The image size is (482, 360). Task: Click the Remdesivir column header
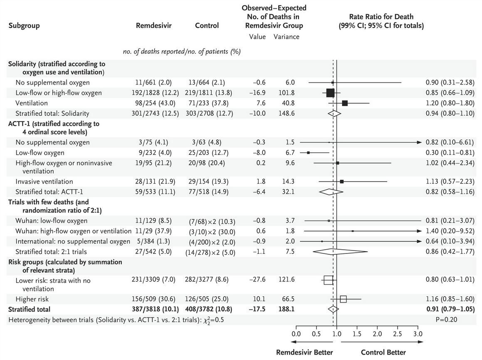[x=154, y=25]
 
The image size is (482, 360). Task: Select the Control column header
[x=207, y=25]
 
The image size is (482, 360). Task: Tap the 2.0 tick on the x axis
[x=377, y=334]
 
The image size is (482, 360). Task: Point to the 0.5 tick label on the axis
[x=316, y=334]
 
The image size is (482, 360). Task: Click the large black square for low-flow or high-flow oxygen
[x=330, y=93]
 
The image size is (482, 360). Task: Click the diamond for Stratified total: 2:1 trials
[x=340, y=252]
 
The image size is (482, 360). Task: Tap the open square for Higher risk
[x=343, y=299]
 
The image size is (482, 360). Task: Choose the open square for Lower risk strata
[x=328, y=280]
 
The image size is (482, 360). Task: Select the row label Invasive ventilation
[x=44, y=181]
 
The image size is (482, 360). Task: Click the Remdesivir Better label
[x=304, y=353]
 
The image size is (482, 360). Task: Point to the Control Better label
[x=383, y=353]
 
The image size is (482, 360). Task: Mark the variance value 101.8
[x=286, y=93]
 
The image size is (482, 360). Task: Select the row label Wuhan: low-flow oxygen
[x=51, y=221]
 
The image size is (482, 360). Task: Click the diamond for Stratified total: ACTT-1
[x=331, y=191]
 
